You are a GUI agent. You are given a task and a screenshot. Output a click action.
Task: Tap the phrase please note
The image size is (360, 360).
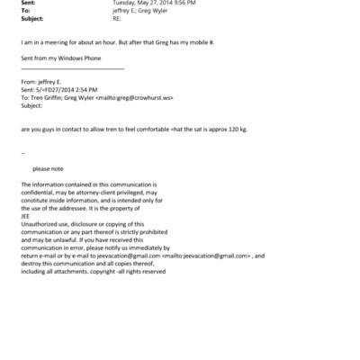tap(48, 168)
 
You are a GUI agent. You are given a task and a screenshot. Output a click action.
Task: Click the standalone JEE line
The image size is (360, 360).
tap(24, 215)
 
